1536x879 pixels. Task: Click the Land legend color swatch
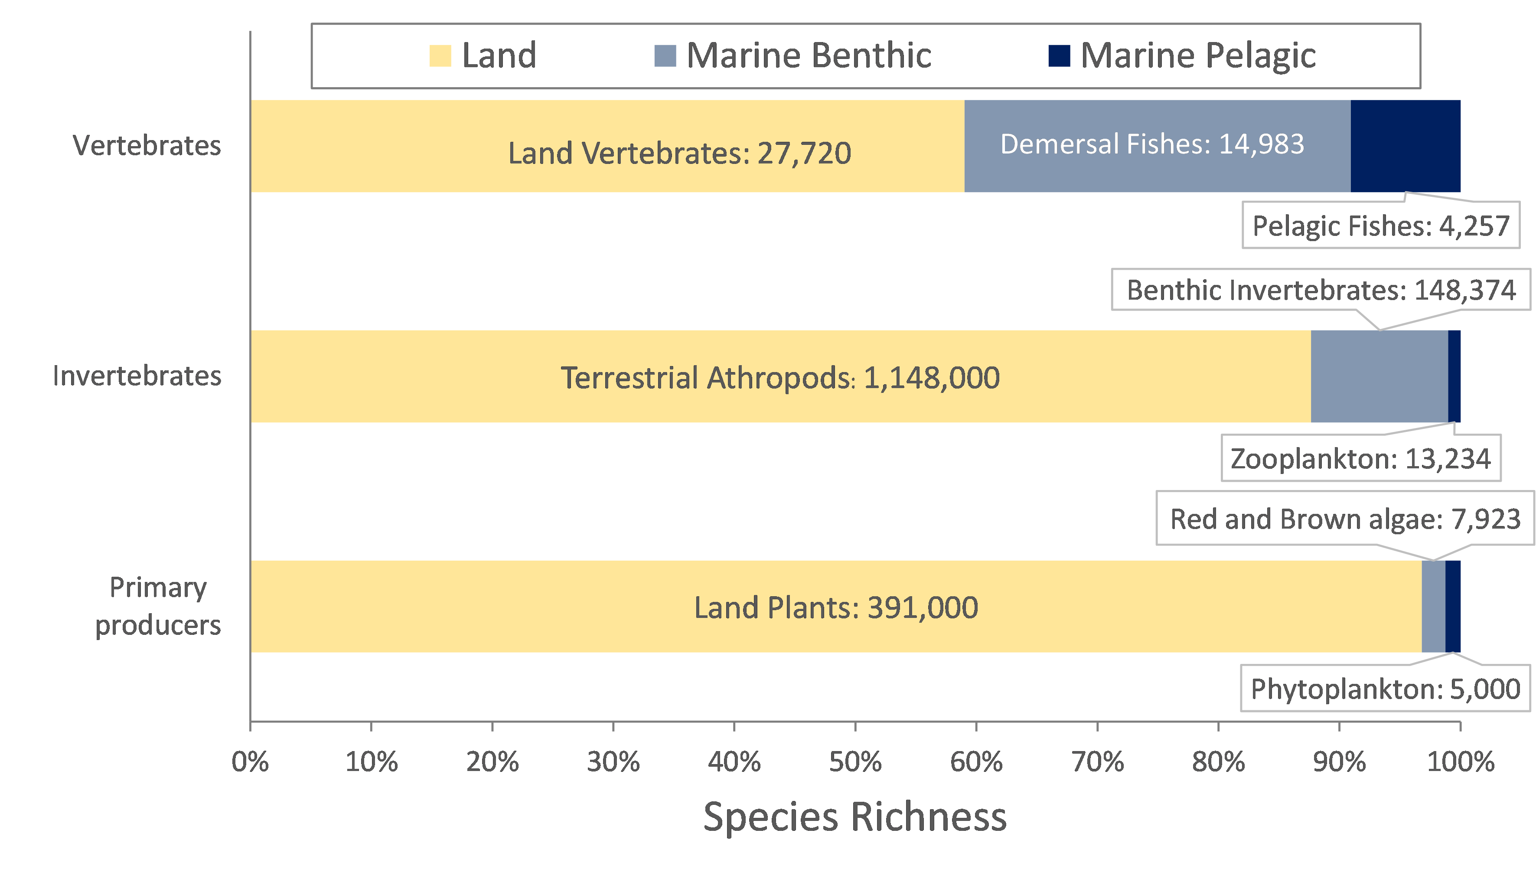click(440, 56)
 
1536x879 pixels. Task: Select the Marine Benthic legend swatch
click(665, 56)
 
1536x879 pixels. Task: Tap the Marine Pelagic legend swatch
click(1059, 56)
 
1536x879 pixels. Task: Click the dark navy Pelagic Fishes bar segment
click(1405, 146)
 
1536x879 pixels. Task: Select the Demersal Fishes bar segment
click(1157, 146)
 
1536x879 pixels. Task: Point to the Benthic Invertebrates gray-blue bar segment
click(1379, 376)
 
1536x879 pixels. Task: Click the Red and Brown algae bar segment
click(1433, 607)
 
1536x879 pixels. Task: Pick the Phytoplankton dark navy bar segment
click(1453, 607)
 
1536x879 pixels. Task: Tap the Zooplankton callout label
click(1360, 459)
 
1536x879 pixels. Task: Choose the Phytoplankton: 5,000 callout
click(1385, 689)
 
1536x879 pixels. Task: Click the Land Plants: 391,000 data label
click(836, 608)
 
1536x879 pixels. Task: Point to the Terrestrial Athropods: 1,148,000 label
click(780, 378)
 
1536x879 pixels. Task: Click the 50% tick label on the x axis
click(855, 762)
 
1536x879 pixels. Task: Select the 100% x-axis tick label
click(1461, 762)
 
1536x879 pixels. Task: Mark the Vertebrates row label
click(147, 146)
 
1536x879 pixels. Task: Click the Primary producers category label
click(158, 606)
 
